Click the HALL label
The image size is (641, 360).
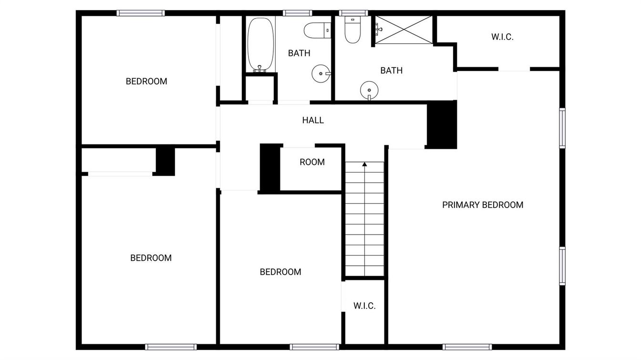coord(313,120)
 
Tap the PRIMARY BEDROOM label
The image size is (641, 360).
coord(483,205)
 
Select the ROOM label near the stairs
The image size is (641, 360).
coord(312,162)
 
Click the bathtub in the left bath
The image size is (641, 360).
coord(260,45)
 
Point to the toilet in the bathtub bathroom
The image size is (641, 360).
coord(317,31)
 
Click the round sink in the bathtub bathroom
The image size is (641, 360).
coord(321,73)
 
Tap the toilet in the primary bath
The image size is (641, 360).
coord(352,30)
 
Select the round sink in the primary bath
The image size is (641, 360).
coord(369,91)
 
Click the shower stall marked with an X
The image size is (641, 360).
coord(403,30)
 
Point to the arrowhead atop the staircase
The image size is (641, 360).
coord(364,164)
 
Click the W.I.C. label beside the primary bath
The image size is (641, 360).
coord(502,37)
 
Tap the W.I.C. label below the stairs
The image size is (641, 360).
coord(364,306)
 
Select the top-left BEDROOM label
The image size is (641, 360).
coord(146,82)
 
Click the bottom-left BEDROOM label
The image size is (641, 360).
coord(151,258)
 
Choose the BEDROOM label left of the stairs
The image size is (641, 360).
coord(280,272)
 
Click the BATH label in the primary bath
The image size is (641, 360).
coord(391,71)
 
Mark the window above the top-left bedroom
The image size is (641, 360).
coord(141,13)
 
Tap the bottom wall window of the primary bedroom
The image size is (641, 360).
coord(467,347)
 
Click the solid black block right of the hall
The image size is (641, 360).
coord(442,124)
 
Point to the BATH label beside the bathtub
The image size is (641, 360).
coord(299,53)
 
